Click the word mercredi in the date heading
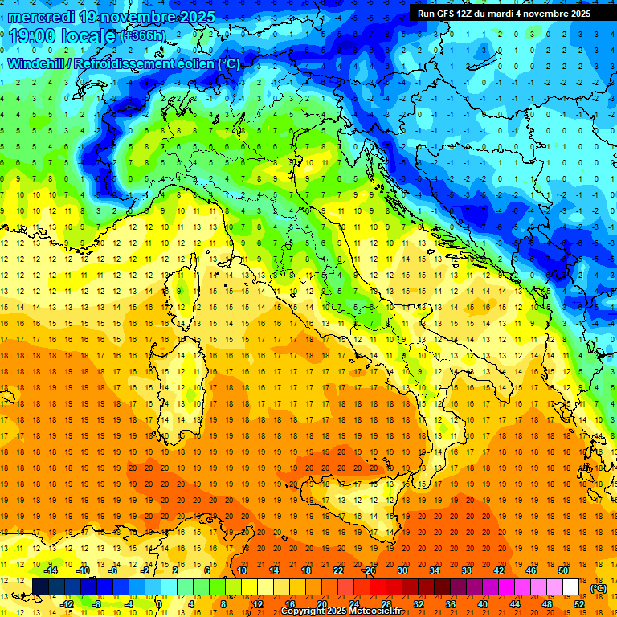coord(43,17)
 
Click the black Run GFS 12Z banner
coord(504,13)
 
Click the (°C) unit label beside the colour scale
coord(599,588)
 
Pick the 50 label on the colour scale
coord(563,570)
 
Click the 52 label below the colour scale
coord(579,603)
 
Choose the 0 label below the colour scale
coord(159,603)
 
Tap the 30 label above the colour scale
coord(402,570)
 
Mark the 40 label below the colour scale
coord(483,603)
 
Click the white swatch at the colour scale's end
coord(571,586)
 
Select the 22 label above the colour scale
coord(338,570)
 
